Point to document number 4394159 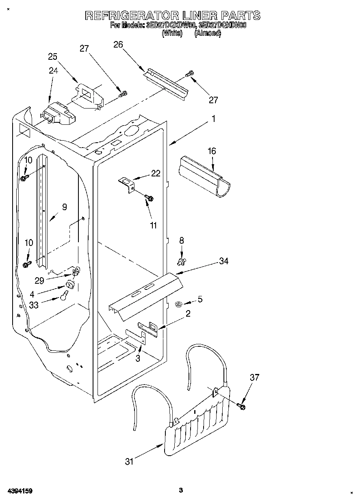pyautogui.click(x=20, y=491)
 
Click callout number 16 pyautogui.click(x=212, y=151)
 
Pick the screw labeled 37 pyautogui.click(x=242, y=405)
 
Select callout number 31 pyautogui.click(x=129, y=461)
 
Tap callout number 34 pyautogui.click(x=224, y=261)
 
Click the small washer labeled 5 pyautogui.click(x=178, y=304)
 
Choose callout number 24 pyautogui.click(x=54, y=70)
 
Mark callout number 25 pyautogui.click(x=53, y=57)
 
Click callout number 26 pyautogui.click(x=118, y=45)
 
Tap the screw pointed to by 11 pyautogui.click(x=150, y=198)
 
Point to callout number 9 pyautogui.click(x=64, y=207)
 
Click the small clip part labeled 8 pyautogui.click(x=181, y=260)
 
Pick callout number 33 pyautogui.click(x=34, y=304)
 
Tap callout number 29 pyautogui.click(x=39, y=280)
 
